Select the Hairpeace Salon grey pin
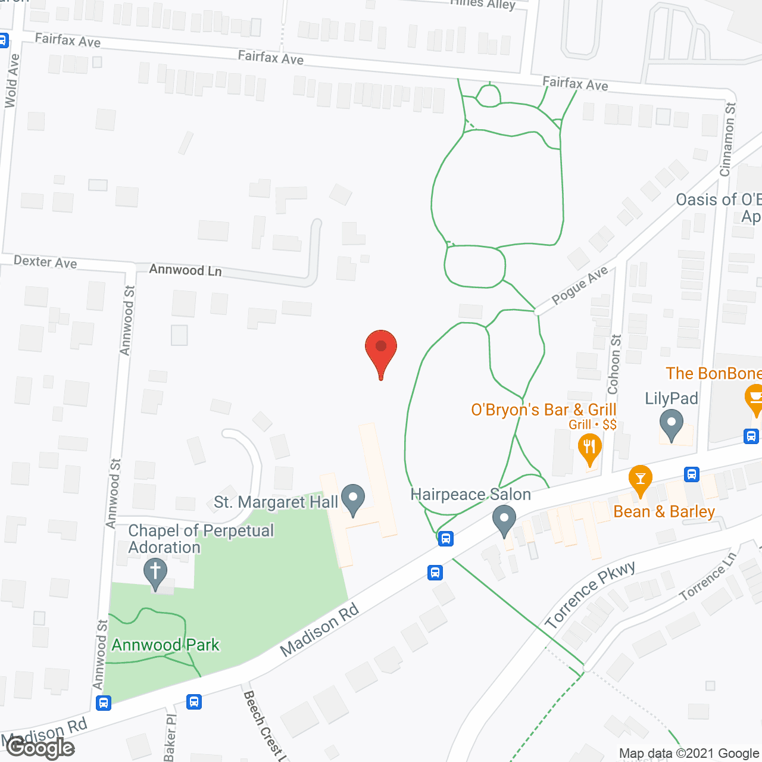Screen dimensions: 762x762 (x=504, y=520)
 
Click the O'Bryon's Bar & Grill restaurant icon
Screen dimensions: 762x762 (x=589, y=448)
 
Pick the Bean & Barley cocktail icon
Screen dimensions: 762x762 (x=640, y=479)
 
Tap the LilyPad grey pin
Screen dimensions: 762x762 (x=672, y=424)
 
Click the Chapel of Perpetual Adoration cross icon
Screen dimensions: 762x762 (x=155, y=573)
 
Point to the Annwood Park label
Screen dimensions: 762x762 (x=165, y=645)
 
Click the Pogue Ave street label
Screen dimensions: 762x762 (x=579, y=285)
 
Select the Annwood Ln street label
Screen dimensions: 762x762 (x=185, y=270)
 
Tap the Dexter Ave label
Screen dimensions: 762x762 (x=45, y=262)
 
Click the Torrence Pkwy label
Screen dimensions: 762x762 (x=589, y=595)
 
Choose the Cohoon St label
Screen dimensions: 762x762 (x=614, y=364)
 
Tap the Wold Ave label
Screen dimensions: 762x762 (x=11, y=81)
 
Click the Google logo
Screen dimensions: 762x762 (x=40, y=748)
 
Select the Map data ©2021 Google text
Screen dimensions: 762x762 (x=689, y=754)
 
